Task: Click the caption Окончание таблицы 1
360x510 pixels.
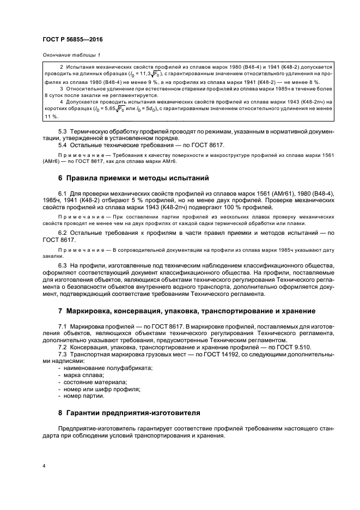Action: pyautogui.click(x=71, y=55)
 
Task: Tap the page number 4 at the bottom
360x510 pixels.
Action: pyautogui.click(x=45, y=466)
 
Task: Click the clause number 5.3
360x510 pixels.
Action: pyautogui.click(x=63, y=132)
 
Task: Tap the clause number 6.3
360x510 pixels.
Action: pyautogui.click(x=63, y=265)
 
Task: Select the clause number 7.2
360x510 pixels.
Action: pyautogui.click(x=63, y=347)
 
